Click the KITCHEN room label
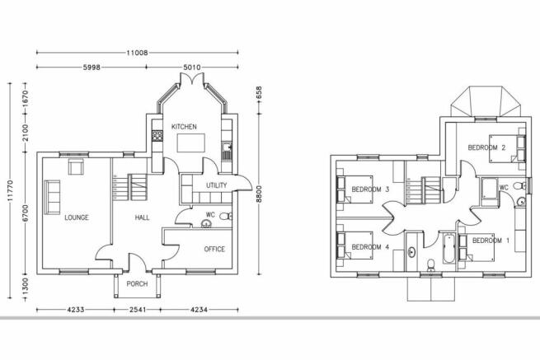tap(184, 127)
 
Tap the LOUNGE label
tap(77, 217)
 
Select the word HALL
tap(142, 217)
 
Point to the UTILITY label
tap(216, 185)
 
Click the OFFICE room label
tap(214, 249)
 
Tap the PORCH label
tap(137, 284)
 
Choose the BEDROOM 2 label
tap(486, 147)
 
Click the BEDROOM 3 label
tap(370, 189)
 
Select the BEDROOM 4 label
tap(370, 247)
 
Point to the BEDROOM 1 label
tap(491, 241)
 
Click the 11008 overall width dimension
tap(137, 53)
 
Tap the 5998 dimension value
tap(92, 68)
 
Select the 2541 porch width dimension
tap(137, 310)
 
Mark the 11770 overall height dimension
tap(10, 190)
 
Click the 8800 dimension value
tap(259, 194)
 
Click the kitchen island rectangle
tap(190, 143)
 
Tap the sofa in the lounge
tap(52, 197)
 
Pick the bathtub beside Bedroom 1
tap(448, 249)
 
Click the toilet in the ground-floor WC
tap(226, 217)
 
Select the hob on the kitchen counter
tap(157, 135)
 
